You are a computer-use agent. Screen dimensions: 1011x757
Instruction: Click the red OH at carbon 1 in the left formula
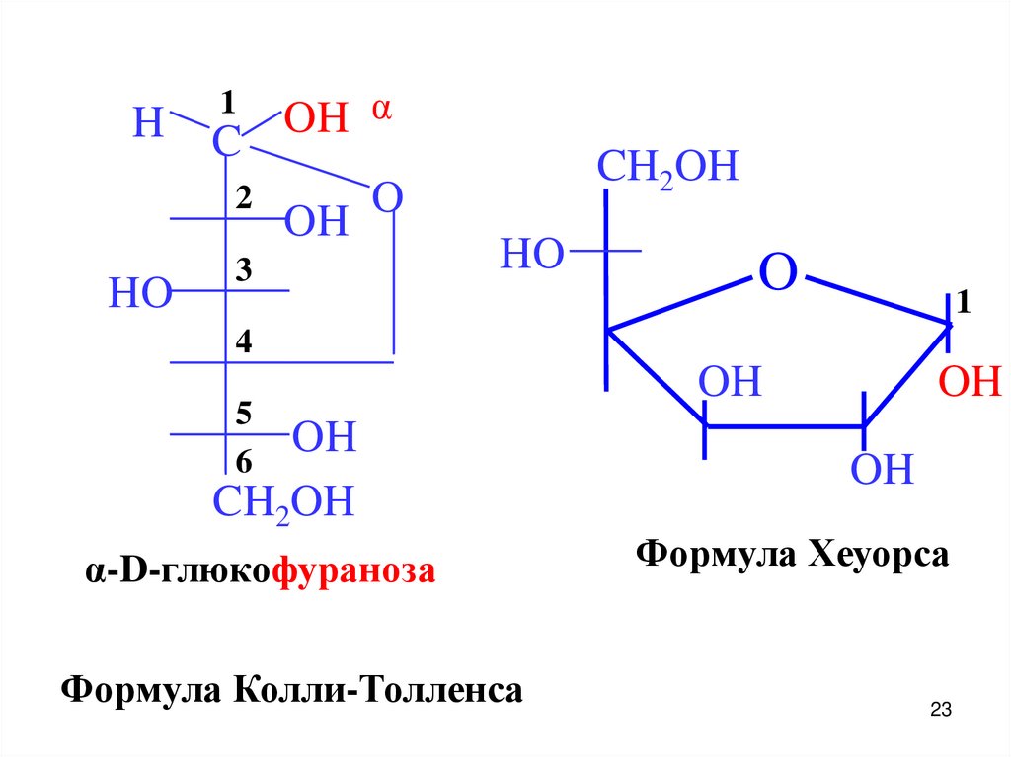316,119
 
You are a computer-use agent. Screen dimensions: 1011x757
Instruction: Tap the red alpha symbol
381,110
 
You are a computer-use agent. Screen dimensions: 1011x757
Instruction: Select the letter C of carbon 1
226,143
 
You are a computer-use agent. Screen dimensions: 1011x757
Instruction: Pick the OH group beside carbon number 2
316,222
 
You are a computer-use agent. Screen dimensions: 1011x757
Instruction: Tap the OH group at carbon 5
324,437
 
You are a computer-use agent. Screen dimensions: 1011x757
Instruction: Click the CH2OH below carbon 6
283,502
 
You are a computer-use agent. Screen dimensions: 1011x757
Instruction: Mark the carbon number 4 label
244,342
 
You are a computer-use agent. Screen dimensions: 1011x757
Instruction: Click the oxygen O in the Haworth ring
777,271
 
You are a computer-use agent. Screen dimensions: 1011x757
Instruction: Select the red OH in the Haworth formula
970,381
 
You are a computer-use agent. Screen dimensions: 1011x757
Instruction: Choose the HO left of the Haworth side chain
531,255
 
